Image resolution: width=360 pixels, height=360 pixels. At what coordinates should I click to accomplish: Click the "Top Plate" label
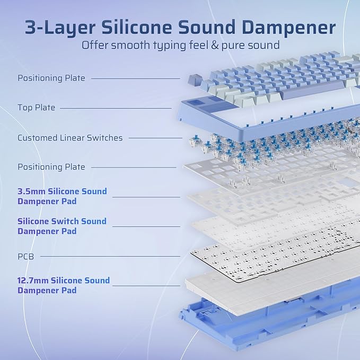36,108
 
